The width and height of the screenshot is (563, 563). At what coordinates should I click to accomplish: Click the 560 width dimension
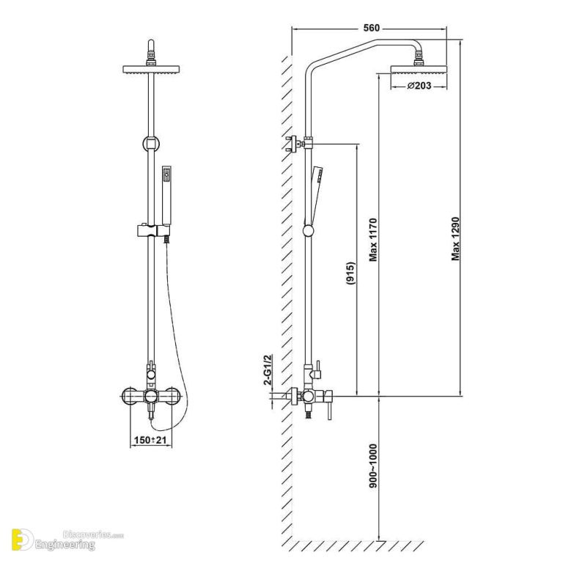[371, 28]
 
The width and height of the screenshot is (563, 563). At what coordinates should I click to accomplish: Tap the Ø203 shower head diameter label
[417, 87]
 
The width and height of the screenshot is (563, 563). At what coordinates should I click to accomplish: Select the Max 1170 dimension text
[373, 240]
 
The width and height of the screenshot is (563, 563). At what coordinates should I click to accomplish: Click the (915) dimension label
[351, 273]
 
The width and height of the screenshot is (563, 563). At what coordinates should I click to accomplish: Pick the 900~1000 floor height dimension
[373, 466]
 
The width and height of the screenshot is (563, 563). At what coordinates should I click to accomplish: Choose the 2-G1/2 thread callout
[268, 369]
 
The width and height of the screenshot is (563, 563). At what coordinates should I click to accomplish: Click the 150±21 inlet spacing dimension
[150, 440]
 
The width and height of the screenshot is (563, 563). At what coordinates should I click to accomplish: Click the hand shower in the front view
[166, 194]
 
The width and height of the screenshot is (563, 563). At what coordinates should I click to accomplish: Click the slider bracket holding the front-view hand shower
[150, 232]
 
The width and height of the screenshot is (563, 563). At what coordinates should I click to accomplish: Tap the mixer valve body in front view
[150, 397]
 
